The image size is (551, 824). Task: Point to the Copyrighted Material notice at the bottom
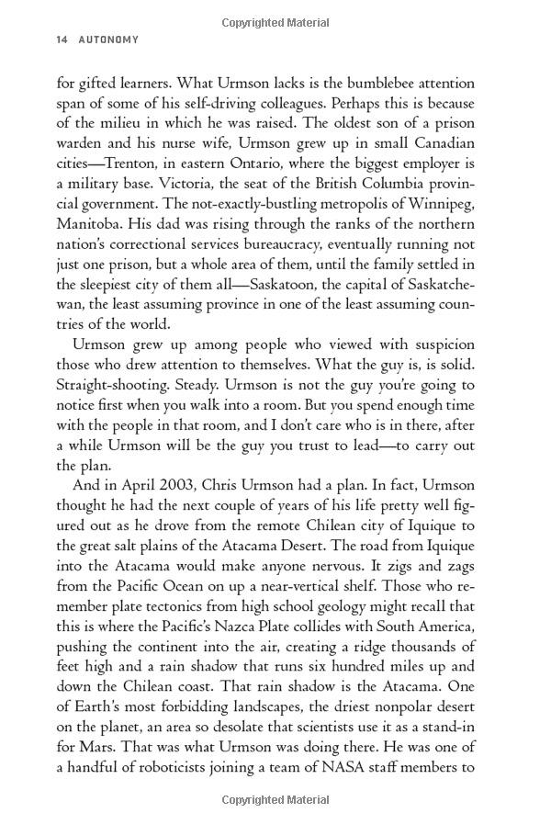click(x=275, y=800)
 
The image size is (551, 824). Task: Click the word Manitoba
click(x=94, y=225)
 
